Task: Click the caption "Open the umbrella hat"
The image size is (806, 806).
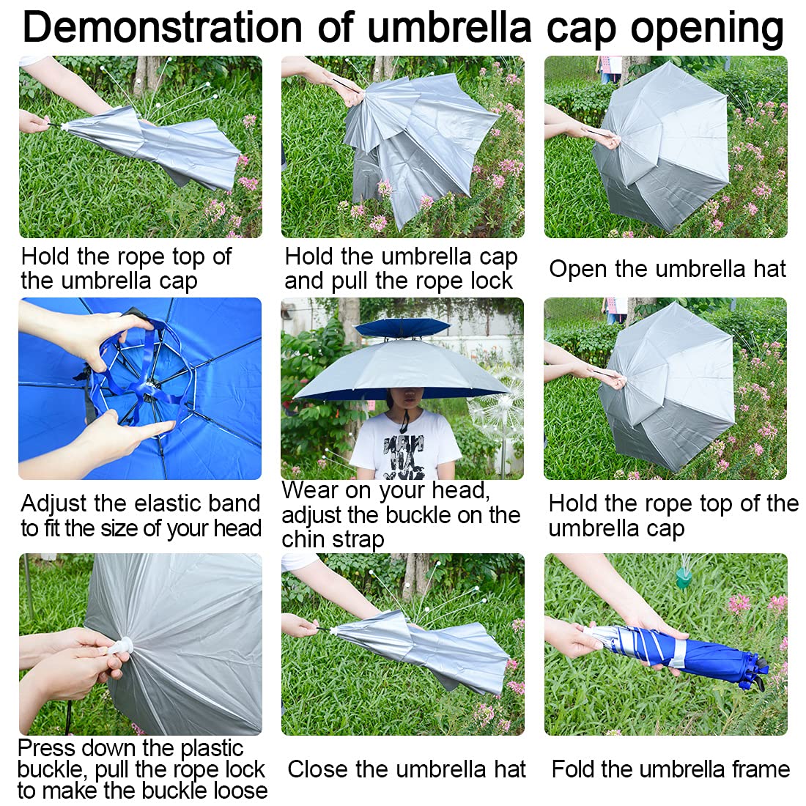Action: (668, 268)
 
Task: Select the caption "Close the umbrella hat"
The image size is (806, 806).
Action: (406, 769)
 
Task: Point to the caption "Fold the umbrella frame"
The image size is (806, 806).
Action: (670, 769)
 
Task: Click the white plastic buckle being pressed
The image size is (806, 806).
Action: (122, 647)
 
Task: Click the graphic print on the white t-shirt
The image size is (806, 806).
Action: (404, 456)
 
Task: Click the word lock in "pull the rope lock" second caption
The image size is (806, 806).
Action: (493, 281)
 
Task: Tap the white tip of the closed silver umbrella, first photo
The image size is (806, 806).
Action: (64, 126)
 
